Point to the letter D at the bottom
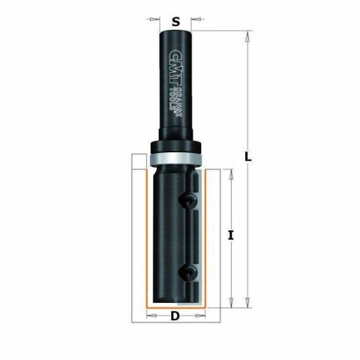175,316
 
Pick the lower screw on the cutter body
193,269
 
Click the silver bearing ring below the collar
175,158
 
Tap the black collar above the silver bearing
175,147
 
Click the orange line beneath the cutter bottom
175,307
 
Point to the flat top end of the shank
175,31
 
